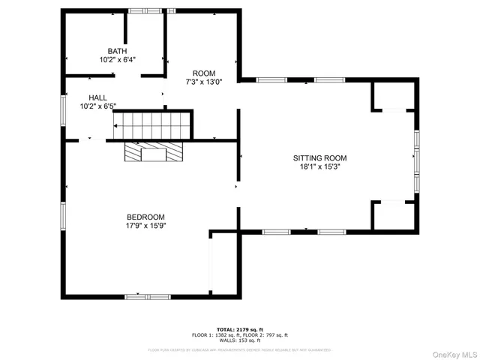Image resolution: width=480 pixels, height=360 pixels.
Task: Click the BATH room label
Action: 117,51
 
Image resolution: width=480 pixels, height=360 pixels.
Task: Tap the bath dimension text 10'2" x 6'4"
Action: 117,59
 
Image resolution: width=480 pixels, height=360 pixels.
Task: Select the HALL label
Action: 97,97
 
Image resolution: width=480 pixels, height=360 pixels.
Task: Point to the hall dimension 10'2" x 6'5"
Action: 97,106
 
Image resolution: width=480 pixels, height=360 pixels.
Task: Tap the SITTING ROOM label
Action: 319,158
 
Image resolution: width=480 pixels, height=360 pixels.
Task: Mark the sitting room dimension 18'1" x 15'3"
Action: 319,167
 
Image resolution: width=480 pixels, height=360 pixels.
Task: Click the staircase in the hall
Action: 152,124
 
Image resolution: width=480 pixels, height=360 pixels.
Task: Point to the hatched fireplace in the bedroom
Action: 154,153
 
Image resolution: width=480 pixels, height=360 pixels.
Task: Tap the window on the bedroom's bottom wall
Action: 147,297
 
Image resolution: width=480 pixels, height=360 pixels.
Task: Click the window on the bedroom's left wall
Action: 64,215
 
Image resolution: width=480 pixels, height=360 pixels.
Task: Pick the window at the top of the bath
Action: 140,10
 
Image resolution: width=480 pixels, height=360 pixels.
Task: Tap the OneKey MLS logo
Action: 454,353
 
